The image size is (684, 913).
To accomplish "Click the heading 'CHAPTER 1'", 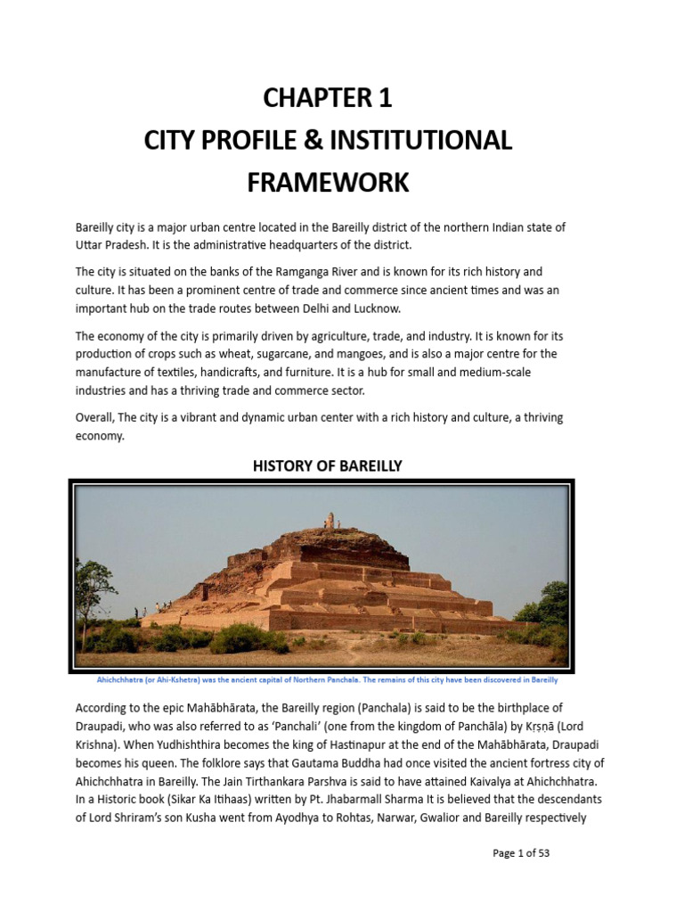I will point(328,98).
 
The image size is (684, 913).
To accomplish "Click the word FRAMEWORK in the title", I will point(328,182).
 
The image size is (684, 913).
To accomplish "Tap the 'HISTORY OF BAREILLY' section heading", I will point(327,465).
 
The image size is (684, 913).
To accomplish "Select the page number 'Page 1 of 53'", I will point(521,853).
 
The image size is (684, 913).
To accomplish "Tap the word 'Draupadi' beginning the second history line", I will point(100,727).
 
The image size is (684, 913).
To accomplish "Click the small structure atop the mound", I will point(330,521).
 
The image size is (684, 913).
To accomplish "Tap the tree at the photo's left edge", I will point(94,584).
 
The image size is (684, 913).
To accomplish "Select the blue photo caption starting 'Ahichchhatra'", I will point(327,680).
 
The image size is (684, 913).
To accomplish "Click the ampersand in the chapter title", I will point(318,140).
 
